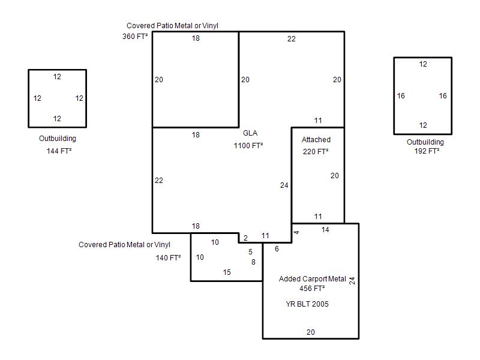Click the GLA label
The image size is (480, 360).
pos(250,133)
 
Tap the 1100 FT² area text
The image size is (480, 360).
pos(248,146)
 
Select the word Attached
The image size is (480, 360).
pos(316,140)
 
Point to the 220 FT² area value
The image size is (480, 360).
pos(316,152)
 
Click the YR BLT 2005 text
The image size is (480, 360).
pos(307,304)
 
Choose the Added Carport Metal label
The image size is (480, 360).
pos(312,279)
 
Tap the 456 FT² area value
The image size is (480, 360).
pos(312,289)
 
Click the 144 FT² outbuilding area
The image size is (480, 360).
pos(59,151)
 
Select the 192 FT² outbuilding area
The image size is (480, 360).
pos(427,151)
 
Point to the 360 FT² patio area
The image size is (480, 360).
pos(135,37)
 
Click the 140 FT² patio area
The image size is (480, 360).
pos(168,258)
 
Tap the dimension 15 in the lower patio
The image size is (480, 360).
pos(227,272)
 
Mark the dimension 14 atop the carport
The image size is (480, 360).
pos(325,230)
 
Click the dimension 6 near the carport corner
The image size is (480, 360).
pos(277,249)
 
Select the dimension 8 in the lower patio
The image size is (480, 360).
pos(253,262)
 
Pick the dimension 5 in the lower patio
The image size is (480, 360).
pos(250,252)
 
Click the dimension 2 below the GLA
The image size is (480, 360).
pos(245,238)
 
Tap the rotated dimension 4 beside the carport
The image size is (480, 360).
pos(296,232)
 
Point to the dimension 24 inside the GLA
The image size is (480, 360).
pos(284,185)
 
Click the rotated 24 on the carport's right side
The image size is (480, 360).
pos(352,281)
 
